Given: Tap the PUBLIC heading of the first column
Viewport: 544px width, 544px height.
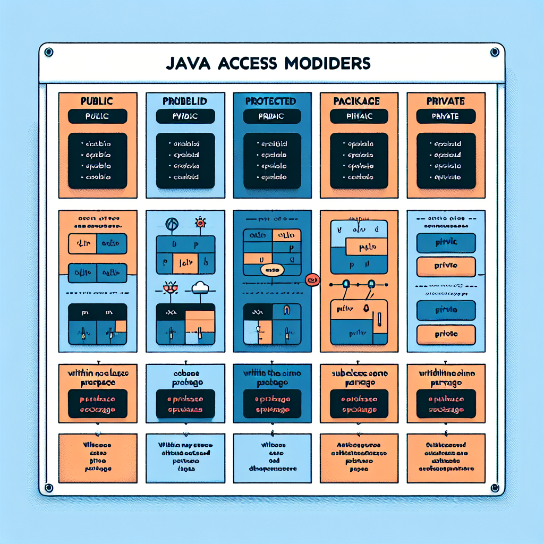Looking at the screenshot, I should coord(96,100).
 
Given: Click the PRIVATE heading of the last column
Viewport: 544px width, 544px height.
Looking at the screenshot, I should coord(445,100).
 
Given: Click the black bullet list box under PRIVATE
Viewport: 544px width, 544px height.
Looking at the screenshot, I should coord(445,160).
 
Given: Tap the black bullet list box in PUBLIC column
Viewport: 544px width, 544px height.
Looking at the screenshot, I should coord(98,160).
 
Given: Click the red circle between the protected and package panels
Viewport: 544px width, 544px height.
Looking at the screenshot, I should coord(311,279).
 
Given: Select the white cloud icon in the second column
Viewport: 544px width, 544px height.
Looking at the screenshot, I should coord(200,287).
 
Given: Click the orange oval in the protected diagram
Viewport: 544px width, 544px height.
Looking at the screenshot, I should coord(271,270).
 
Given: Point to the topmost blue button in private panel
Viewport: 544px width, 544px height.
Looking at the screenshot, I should coord(445,242).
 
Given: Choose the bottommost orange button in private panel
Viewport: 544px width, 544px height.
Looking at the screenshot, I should coord(445,335).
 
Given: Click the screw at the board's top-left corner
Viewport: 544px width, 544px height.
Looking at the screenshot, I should coord(49,52).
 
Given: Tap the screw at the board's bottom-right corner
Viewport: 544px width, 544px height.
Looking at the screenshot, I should coord(495,488).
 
